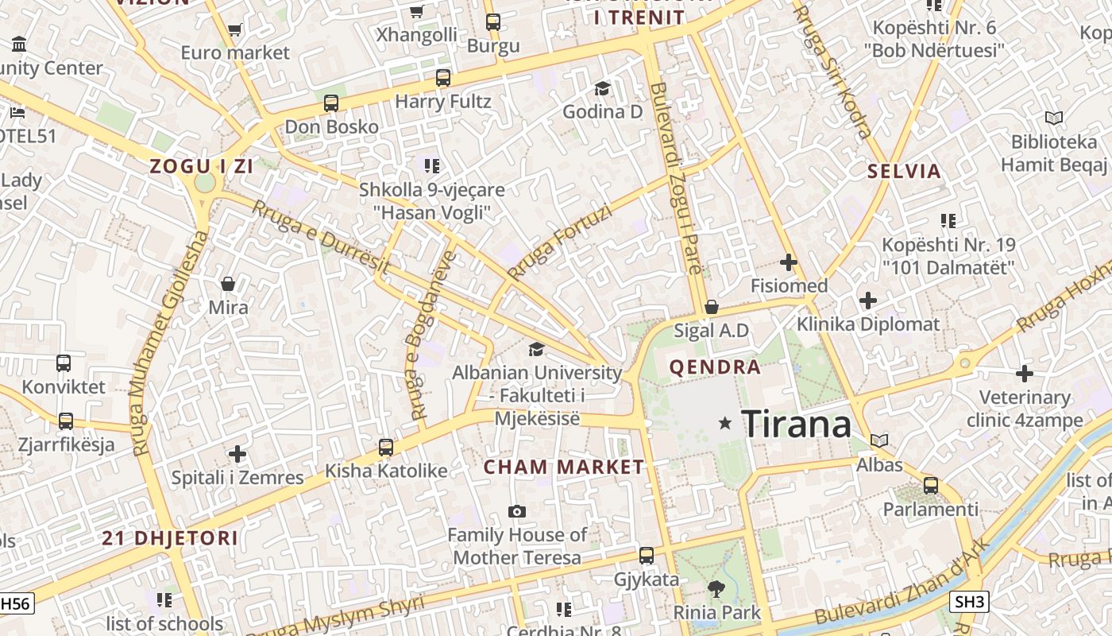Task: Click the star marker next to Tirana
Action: (x=724, y=424)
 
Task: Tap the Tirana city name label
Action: (x=797, y=425)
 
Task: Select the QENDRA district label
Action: (x=715, y=367)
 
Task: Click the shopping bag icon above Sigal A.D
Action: (x=712, y=307)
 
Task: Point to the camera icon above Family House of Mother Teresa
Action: (x=517, y=511)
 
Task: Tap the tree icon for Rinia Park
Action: (x=716, y=589)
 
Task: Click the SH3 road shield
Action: (x=969, y=602)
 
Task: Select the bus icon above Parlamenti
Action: (x=931, y=485)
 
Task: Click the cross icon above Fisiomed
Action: (x=789, y=262)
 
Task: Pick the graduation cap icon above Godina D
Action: (x=602, y=87)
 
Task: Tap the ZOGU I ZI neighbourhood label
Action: (x=202, y=166)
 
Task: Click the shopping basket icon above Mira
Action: (x=228, y=284)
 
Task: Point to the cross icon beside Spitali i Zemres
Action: (x=237, y=454)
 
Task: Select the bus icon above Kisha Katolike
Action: (x=386, y=448)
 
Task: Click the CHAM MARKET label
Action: (x=564, y=467)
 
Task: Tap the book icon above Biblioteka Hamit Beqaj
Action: (x=1053, y=118)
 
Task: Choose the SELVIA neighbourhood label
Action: (x=904, y=171)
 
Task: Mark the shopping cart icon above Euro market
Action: (x=234, y=30)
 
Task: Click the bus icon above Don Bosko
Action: (x=331, y=103)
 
